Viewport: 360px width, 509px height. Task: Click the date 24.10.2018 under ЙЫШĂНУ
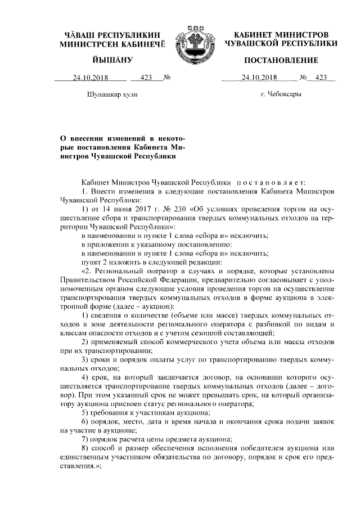89,78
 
